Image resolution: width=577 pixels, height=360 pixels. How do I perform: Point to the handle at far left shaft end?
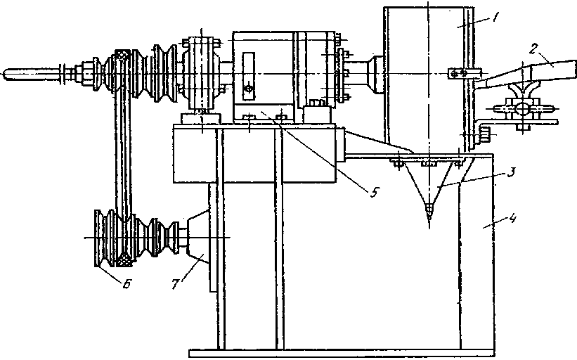[x=28, y=72]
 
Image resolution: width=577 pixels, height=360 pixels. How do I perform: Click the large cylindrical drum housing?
[x=425, y=77]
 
